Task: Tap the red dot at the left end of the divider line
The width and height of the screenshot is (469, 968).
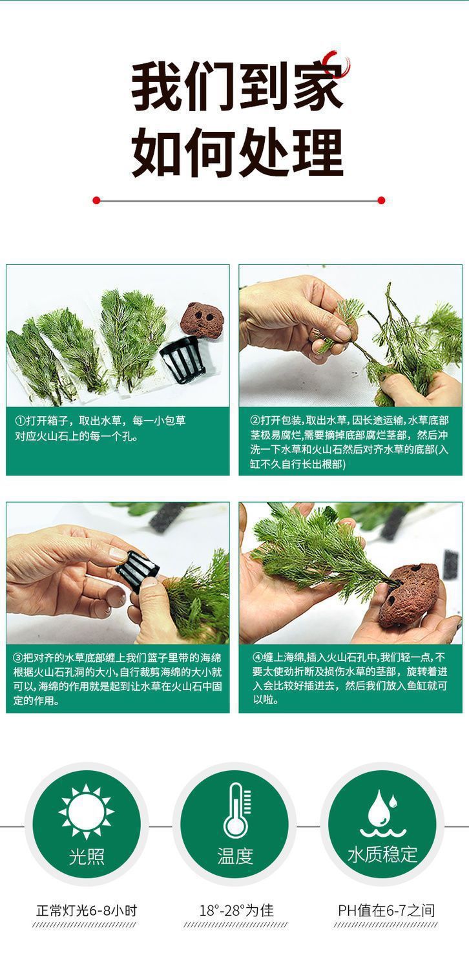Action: (96, 200)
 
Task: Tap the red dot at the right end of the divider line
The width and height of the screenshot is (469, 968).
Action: (381, 200)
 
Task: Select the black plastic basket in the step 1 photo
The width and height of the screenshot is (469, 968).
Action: (182, 360)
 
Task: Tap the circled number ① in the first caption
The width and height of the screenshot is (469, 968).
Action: (20, 421)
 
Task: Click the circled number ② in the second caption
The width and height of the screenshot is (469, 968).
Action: (255, 420)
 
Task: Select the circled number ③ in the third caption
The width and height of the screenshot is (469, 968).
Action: (17, 658)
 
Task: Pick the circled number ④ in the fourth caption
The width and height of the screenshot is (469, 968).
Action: (257, 657)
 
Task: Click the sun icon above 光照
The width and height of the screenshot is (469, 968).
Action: (87, 812)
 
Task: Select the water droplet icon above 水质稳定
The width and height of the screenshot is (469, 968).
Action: (383, 813)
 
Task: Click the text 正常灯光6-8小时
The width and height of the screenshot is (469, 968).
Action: (87, 910)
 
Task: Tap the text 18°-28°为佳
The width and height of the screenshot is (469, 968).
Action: (236, 910)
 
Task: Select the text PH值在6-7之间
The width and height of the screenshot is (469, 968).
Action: (386, 910)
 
